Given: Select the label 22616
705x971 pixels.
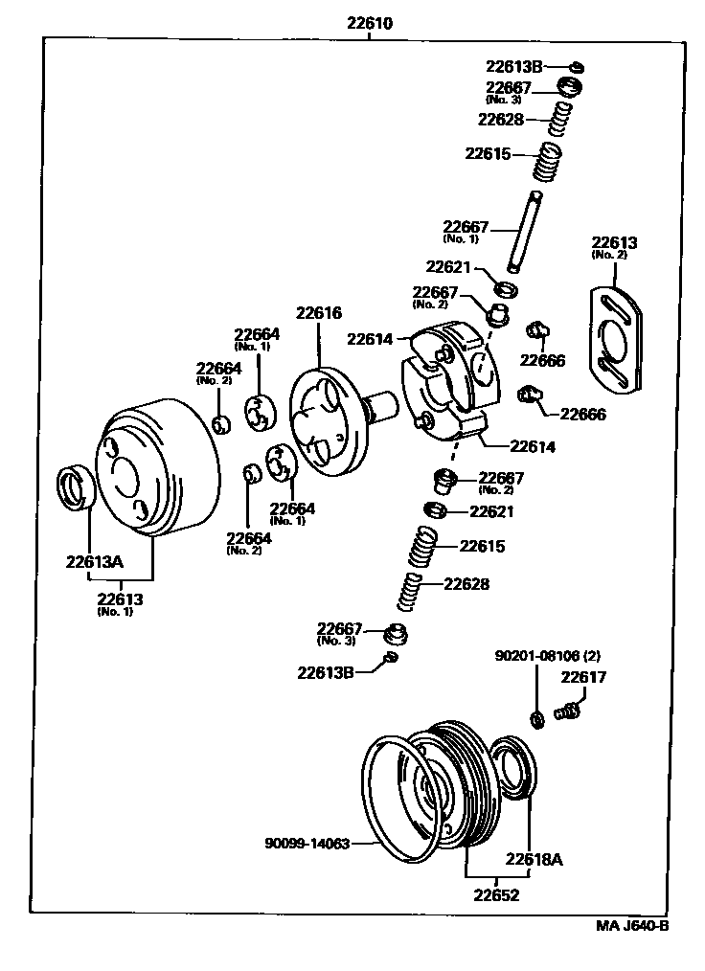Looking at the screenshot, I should (x=319, y=313).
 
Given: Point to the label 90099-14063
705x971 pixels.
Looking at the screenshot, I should (x=307, y=844).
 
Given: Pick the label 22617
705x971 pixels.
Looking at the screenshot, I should (x=583, y=677).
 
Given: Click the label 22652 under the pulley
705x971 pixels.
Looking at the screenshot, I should (x=495, y=895).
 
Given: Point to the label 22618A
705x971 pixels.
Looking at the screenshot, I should (x=534, y=859).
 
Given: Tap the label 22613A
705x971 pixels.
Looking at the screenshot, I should (x=95, y=562).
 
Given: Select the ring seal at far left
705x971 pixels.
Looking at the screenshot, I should (x=75, y=485).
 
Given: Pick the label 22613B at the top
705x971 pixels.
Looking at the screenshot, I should (x=513, y=66).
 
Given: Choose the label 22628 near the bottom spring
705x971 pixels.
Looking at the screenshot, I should (x=466, y=583).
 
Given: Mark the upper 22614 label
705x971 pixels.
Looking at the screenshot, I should (x=370, y=338).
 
